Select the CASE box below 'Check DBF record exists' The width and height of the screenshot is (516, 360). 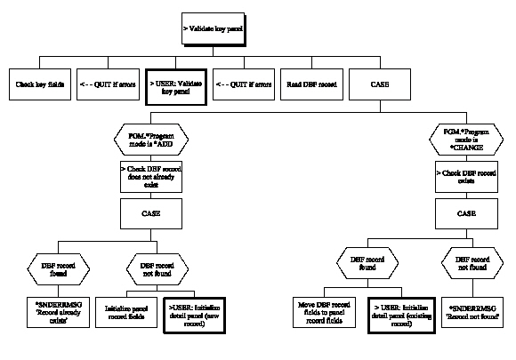click(x=464, y=212)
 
